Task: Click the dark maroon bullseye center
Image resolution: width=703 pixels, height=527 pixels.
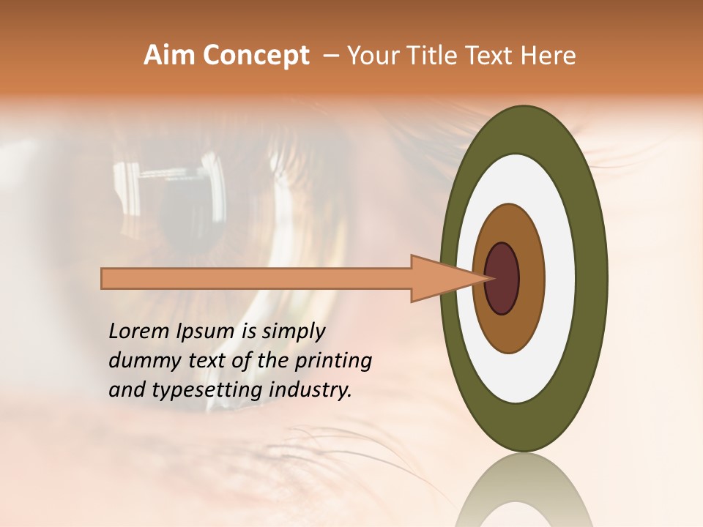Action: coord(502,278)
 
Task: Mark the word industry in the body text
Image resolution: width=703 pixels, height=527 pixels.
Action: coord(310,390)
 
